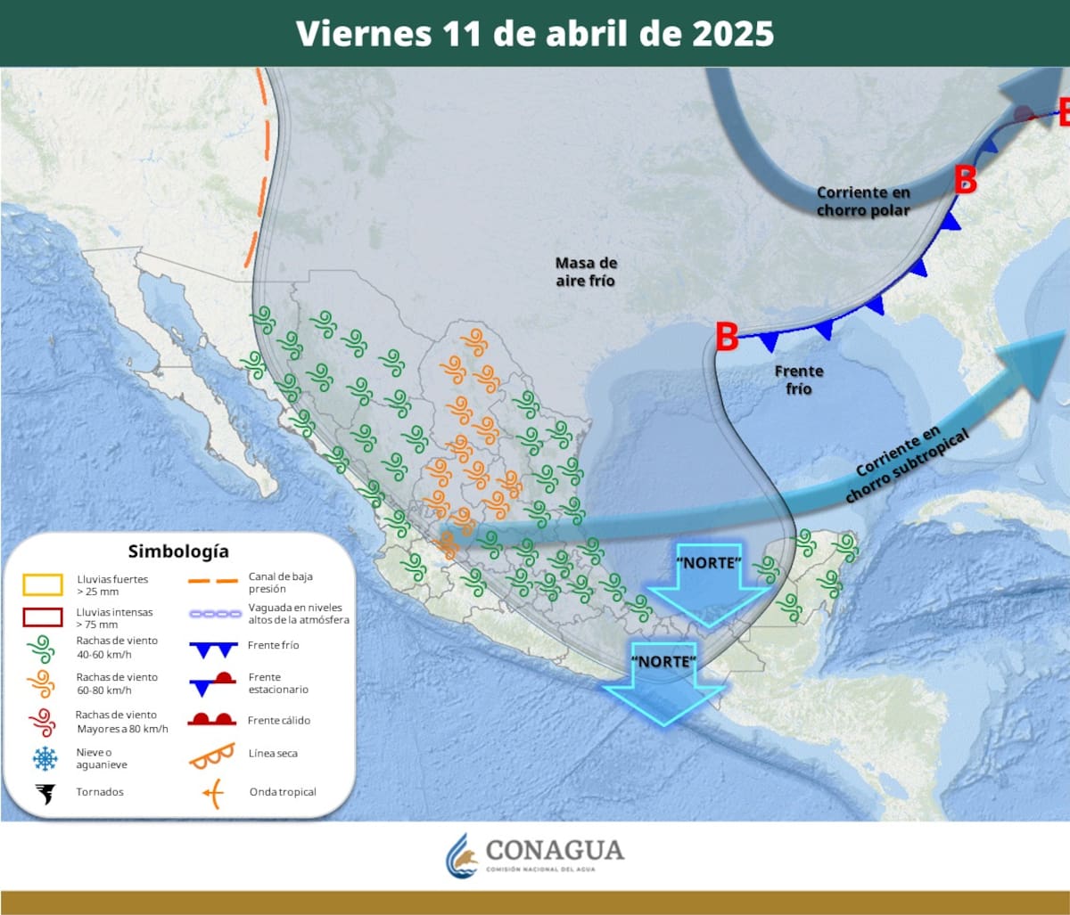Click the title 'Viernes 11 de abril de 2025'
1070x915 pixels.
tap(535, 34)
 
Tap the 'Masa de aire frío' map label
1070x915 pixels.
tap(586, 271)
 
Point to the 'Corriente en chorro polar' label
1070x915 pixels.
tap(863, 201)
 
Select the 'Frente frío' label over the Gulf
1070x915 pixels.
tap(799, 380)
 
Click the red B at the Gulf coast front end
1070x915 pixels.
tap(727, 339)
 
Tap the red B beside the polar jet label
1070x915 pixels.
tap(965, 180)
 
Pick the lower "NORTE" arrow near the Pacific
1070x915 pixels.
tap(664, 682)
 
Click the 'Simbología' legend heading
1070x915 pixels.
tap(178, 551)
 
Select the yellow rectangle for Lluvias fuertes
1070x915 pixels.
tap(43, 584)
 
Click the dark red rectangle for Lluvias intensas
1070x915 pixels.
tap(43, 617)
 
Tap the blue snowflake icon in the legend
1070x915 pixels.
tap(44, 758)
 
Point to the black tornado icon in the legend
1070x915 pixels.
tap(44, 792)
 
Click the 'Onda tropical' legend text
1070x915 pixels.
tap(283, 792)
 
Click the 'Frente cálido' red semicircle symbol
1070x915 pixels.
tap(211, 719)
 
